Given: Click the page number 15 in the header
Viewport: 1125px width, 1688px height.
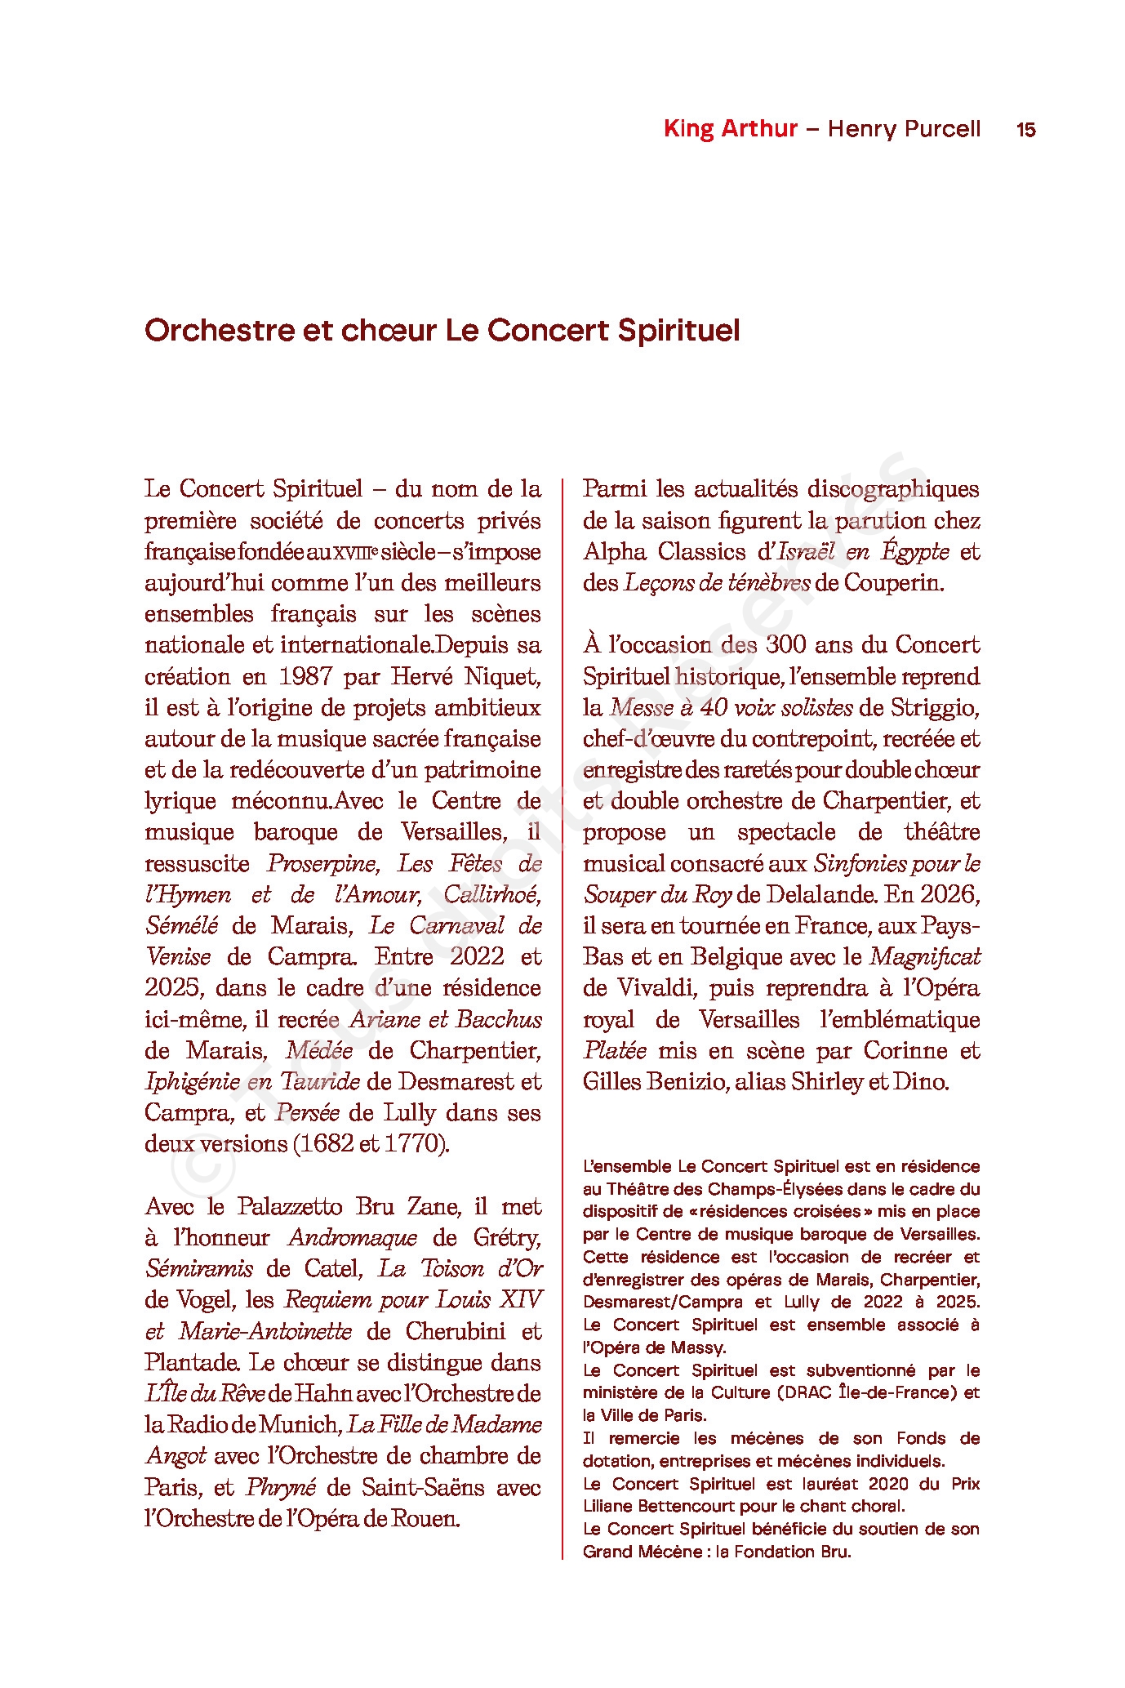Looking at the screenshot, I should tap(1025, 130).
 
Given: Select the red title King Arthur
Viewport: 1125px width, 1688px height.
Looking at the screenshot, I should tap(730, 129).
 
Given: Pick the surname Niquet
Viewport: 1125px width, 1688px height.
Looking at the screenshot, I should tap(503, 677).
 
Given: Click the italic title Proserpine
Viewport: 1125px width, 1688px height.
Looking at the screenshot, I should tap(322, 864).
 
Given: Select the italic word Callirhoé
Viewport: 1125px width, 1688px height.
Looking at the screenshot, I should tap(491, 895).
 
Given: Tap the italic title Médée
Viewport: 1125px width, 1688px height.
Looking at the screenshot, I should tap(319, 1051).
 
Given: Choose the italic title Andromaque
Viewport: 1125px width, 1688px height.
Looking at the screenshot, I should tap(353, 1238).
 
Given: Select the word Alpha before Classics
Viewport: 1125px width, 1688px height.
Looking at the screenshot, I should tap(614, 552).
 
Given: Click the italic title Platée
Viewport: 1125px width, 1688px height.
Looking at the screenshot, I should tap(614, 1051).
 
